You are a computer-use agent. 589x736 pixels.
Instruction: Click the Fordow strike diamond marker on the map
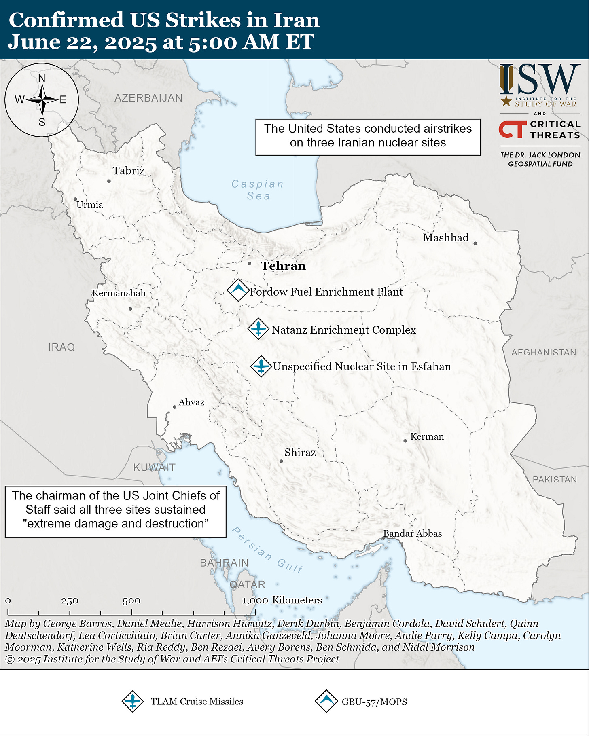pyautogui.click(x=237, y=290)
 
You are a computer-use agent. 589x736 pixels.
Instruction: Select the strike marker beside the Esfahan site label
pyautogui.click(x=261, y=366)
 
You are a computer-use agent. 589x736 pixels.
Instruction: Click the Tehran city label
pyautogui.click(x=283, y=266)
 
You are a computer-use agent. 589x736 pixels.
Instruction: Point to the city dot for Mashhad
pyautogui.click(x=475, y=243)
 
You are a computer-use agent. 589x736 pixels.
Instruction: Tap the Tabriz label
pyautogui.click(x=129, y=171)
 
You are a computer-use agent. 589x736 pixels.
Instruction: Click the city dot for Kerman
pyautogui.click(x=405, y=441)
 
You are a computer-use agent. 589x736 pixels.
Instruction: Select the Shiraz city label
pyautogui.click(x=300, y=452)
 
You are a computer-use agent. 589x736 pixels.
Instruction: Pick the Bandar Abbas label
pyautogui.click(x=413, y=533)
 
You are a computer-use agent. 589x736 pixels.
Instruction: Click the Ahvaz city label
pyautogui.click(x=191, y=402)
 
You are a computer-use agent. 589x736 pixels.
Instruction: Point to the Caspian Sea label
pyautogui.click(x=258, y=190)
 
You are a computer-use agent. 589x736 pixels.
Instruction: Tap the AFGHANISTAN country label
pyautogui.click(x=544, y=352)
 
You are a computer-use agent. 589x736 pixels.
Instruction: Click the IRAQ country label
pyautogui.click(x=61, y=347)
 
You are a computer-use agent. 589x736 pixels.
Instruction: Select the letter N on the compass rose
pyautogui.click(x=42, y=78)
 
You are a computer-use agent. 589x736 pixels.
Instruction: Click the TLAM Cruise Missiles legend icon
pyautogui.click(x=133, y=701)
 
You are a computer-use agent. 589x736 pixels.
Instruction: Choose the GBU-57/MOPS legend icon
pyautogui.click(x=326, y=701)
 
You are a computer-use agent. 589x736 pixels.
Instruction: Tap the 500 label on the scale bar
pyautogui.click(x=131, y=601)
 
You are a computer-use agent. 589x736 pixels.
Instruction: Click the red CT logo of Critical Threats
pyautogui.click(x=513, y=129)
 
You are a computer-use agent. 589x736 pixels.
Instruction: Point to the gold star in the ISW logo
pyautogui.click(x=506, y=101)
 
